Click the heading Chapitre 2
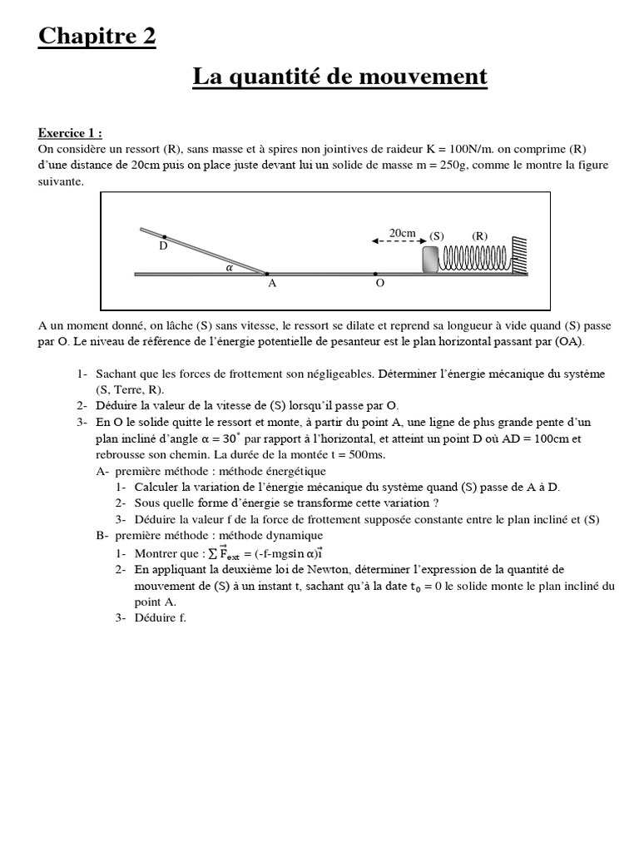[97, 37]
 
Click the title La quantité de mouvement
[339, 77]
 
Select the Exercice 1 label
[71, 133]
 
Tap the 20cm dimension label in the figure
[402, 233]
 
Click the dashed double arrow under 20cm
[394, 241]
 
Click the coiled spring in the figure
[474, 258]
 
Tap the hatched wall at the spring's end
[518, 254]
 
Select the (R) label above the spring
[480, 235]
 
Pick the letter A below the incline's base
[271, 284]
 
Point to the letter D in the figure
[163, 247]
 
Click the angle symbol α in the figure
[230, 268]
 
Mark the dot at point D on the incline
[165, 236]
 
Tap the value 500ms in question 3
[368, 455]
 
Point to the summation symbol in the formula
[211, 553]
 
